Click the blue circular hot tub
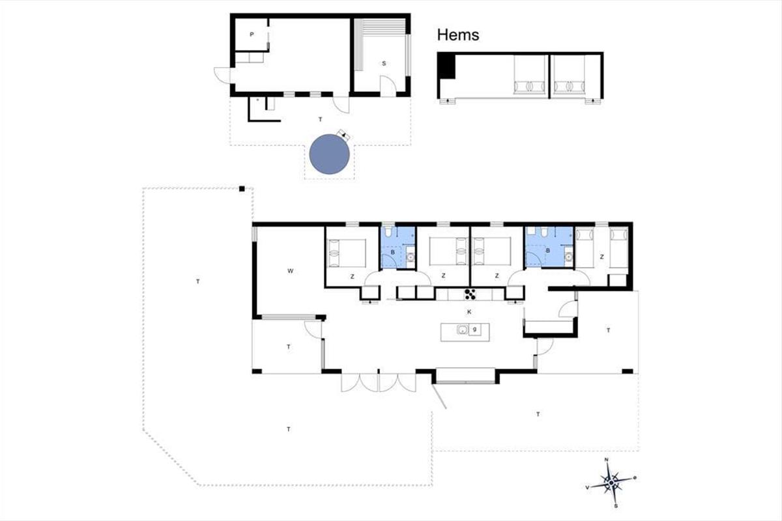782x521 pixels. click(329, 154)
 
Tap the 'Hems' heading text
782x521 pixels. click(458, 35)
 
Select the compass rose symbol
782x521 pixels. click(611, 483)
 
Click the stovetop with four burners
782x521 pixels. click(470, 294)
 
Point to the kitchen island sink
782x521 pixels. click(463, 330)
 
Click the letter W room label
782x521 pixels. click(290, 271)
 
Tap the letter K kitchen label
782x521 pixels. click(469, 312)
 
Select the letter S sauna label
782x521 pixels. click(384, 64)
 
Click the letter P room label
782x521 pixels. click(252, 35)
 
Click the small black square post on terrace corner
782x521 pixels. click(242, 189)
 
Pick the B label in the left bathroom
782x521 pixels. click(393, 252)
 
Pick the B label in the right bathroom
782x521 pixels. click(548, 251)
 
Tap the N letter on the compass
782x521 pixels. click(607, 460)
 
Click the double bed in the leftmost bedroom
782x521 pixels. click(347, 253)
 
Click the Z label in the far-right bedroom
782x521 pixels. click(602, 257)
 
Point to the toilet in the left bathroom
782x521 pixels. click(388, 232)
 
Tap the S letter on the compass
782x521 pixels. click(616, 505)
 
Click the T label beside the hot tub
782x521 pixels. click(320, 120)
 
